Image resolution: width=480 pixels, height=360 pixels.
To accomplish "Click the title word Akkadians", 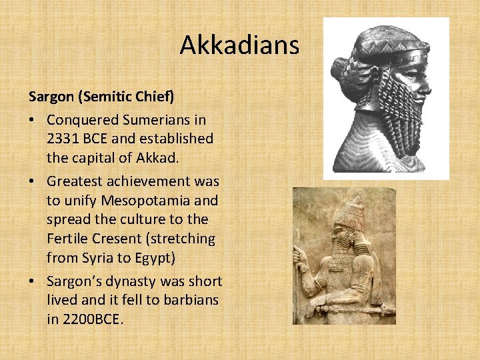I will click(240, 45).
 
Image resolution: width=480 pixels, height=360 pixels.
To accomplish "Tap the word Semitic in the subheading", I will click(109, 97).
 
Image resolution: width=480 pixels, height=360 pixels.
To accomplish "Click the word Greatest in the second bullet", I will click(73, 181).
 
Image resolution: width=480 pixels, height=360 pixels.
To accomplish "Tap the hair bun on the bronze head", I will click(344, 71).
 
